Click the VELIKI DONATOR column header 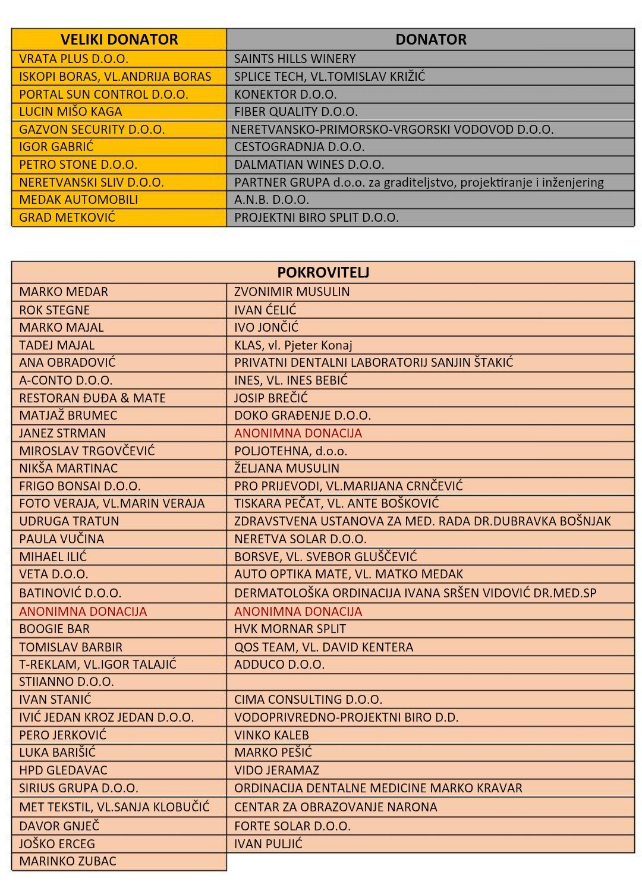119,39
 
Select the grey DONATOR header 430,39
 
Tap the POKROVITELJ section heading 323,272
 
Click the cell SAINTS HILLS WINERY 295,59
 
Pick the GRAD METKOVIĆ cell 67,217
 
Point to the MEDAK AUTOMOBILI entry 78,200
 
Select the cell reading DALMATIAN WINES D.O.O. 309,165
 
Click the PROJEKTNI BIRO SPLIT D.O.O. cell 316,217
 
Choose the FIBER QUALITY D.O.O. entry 296,112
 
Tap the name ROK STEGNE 55,310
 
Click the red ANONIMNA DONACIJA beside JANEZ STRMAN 298,433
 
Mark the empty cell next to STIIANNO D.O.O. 430,682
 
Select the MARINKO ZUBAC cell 68,861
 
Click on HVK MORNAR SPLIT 290,629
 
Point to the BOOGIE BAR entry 55,629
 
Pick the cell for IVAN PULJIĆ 268,843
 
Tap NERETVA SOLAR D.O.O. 300,539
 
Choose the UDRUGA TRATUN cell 69,521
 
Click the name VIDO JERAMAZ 276,770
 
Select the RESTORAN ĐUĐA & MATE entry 92,398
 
